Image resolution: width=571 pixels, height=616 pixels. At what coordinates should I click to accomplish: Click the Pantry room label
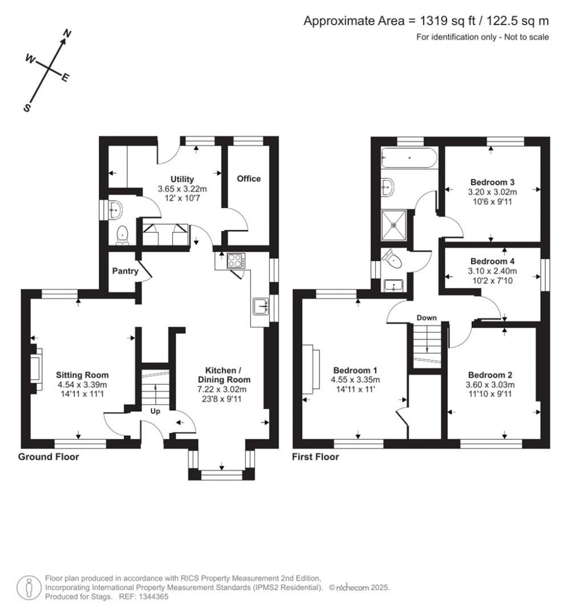pyautogui.click(x=124, y=271)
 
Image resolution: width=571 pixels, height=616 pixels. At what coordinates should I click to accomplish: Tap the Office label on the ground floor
pyautogui.click(x=249, y=179)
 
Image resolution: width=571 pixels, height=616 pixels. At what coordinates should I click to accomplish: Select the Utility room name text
pyautogui.click(x=182, y=179)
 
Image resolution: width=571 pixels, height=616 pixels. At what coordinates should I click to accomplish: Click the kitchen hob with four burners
pyautogui.click(x=235, y=261)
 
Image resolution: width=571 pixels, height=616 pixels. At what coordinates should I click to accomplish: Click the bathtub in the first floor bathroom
pyautogui.click(x=409, y=158)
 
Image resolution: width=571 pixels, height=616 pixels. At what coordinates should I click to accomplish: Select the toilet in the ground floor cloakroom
pyautogui.click(x=123, y=235)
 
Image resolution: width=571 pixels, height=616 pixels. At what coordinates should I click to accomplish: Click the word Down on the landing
pyautogui.click(x=427, y=317)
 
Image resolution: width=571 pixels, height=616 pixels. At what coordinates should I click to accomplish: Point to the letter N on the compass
pyautogui.click(x=67, y=35)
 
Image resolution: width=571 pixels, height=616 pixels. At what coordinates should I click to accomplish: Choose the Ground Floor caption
pyautogui.click(x=49, y=457)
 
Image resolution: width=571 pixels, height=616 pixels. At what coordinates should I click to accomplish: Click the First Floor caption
pyautogui.click(x=316, y=457)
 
